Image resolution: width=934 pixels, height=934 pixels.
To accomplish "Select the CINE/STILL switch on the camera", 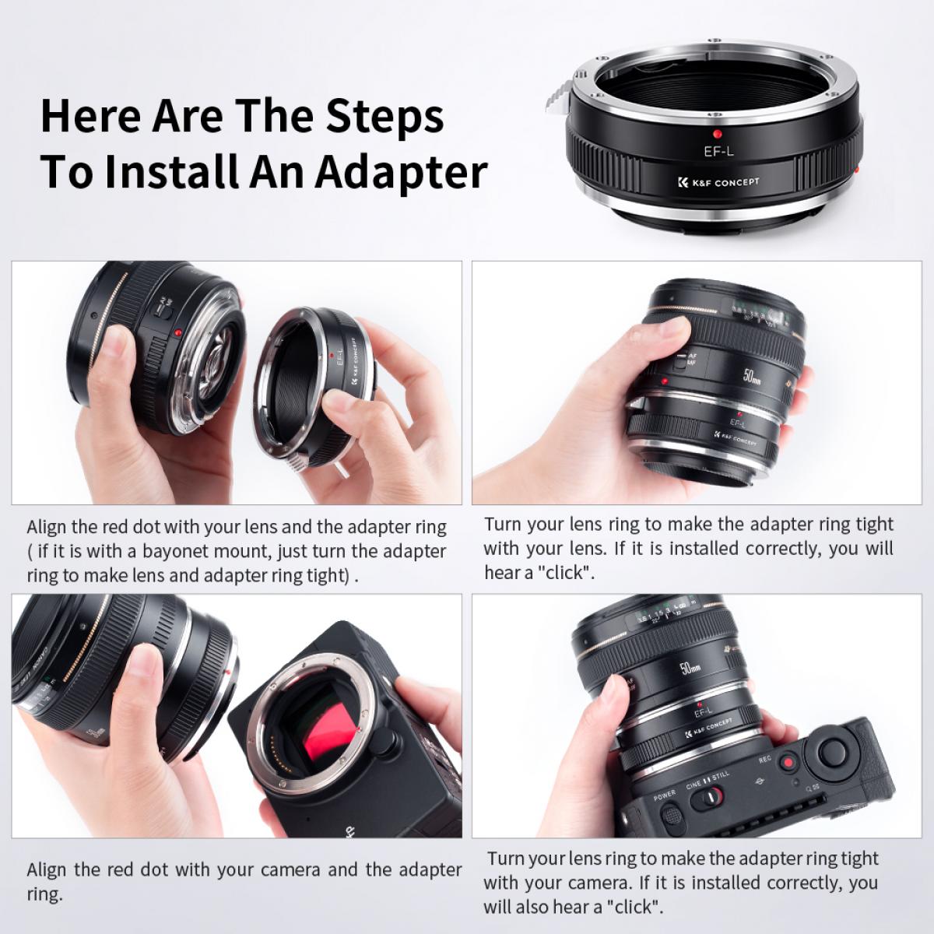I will (x=710, y=797).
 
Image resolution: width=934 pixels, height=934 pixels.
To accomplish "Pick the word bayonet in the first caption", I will (x=177, y=551).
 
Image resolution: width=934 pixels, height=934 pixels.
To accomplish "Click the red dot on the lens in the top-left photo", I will (x=179, y=332).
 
